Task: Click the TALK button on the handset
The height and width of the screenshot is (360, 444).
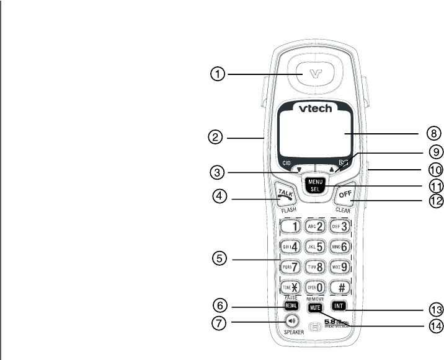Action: click(286, 197)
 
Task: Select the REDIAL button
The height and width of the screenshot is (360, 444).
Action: click(291, 305)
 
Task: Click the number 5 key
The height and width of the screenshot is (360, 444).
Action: click(316, 246)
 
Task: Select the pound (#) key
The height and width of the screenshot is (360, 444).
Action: click(340, 287)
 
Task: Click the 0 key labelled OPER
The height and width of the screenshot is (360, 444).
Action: click(316, 287)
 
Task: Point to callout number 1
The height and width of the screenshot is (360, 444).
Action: click(216, 74)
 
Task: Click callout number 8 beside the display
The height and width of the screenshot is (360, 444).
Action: click(434, 133)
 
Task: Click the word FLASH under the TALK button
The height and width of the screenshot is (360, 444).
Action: click(286, 210)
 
